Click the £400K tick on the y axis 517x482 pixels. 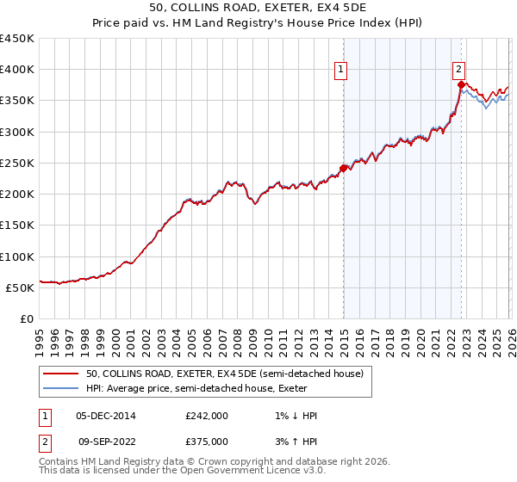click(17, 70)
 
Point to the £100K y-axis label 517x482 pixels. click(17, 256)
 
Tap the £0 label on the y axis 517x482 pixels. click(27, 319)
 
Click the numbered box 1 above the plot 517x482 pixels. click(341, 71)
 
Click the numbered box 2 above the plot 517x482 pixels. click(459, 71)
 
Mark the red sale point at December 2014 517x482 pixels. click(343, 168)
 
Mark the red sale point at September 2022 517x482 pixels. click(461, 84)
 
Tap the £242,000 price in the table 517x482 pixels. click(207, 416)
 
